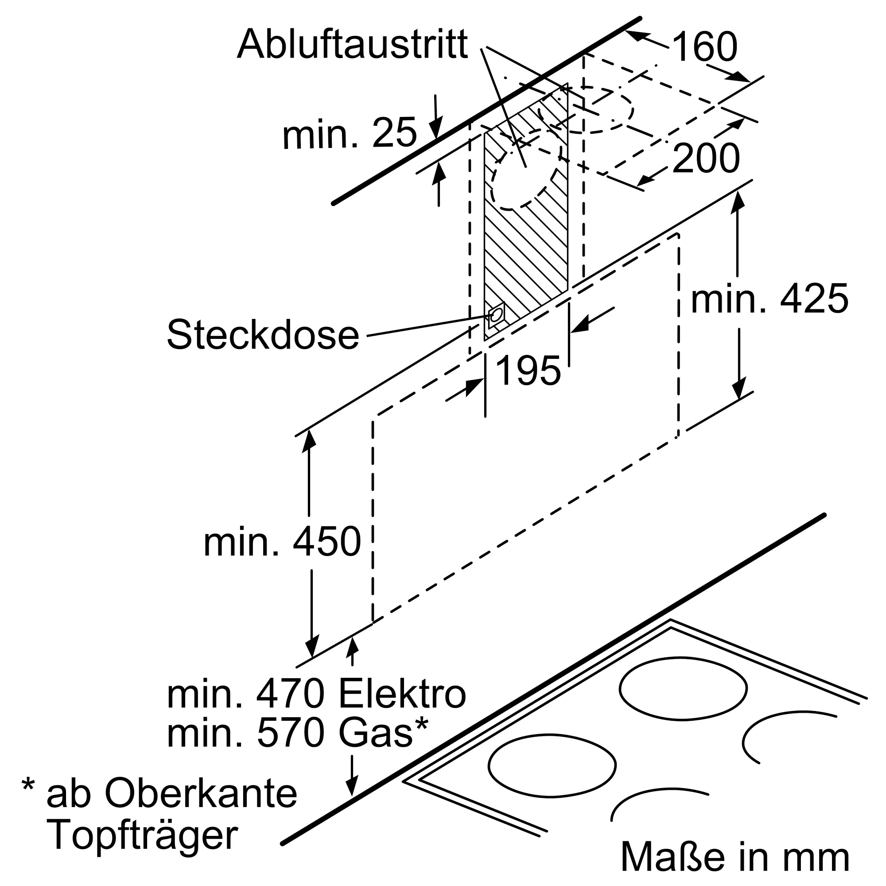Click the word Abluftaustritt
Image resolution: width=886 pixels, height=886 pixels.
pyautogui.click(x=352, y=44)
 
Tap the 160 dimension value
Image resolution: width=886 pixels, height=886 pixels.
pyautogui.click(x=705, y=47)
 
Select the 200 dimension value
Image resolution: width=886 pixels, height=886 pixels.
pyautogui.click(x=706, y=158)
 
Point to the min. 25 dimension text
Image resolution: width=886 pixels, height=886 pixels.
pyautogui.click(x=350, y=133)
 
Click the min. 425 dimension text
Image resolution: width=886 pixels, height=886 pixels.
pyautogui.click(x=770, y=299)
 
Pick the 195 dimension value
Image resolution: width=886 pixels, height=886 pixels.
pyautogui.click(x=528, y=370)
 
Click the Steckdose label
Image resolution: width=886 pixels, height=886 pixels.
pyautogui.click(x=263, y=335)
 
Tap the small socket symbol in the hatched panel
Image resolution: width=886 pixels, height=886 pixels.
pyautogui.click(x=496, y=315)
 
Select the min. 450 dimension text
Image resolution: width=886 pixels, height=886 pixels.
pyautogui.click(x=282, y=542)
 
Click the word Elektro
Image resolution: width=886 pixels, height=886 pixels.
pyautogui.click(x=402, y=695)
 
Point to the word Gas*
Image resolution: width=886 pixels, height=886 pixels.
pyautogui.click(x=383, y=733)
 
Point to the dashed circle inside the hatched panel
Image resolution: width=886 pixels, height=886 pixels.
pyautogui.click(x=526, y=168)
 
